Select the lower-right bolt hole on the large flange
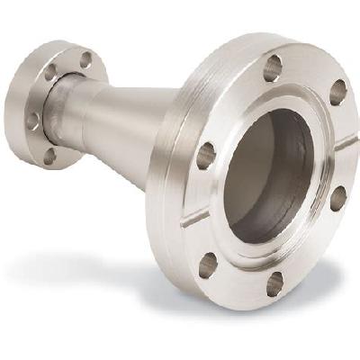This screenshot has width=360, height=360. [338, 198]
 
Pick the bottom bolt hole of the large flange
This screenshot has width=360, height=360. [275, 284]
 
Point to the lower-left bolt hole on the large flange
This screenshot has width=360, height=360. [209, 264]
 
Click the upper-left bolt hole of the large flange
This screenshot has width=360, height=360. [206, 155]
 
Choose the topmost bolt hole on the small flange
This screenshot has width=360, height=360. [85, 60]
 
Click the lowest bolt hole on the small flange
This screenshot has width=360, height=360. [49, 156]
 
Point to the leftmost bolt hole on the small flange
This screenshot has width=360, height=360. [33, 118]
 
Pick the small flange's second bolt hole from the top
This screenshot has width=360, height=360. [51, 73]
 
